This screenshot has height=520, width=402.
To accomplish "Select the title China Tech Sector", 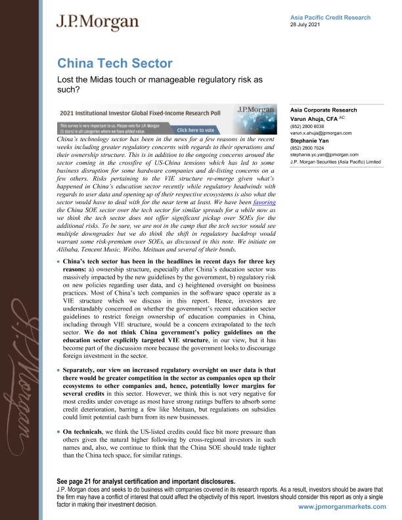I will [115, 64].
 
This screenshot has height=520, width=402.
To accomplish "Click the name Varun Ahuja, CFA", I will [320, 118].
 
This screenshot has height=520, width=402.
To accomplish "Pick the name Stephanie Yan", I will [311, 141].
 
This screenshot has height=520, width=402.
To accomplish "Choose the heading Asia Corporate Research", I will [323, 110].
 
